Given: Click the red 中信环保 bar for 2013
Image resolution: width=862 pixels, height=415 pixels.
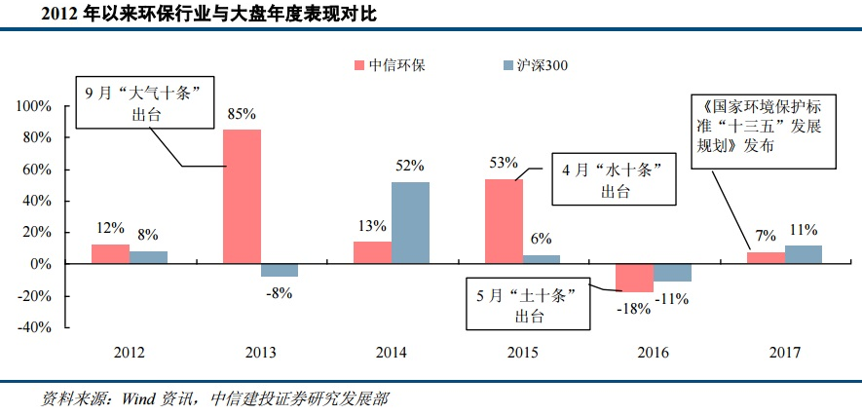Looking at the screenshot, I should coord(242,196).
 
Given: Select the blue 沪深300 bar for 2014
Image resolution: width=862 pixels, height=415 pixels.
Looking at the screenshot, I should coord(411,223).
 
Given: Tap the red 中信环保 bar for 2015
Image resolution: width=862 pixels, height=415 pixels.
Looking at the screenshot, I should coord(504,221).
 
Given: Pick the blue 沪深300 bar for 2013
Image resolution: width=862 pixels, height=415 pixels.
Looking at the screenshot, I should coord(279,270).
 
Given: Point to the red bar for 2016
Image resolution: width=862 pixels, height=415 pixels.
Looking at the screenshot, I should coord(635,278).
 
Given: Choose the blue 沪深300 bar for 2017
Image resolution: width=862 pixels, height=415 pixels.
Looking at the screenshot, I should coord(804,254).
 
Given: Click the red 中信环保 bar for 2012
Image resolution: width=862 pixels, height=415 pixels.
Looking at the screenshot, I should coord(110,254).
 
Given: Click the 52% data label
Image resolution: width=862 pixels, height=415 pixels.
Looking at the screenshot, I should coord(410,167).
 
